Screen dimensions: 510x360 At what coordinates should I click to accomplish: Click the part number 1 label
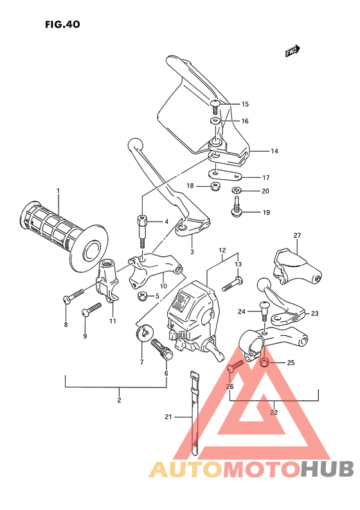click(57, 191)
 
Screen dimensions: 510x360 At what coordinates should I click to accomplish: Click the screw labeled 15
click(215, 104)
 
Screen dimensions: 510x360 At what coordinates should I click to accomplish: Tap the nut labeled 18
click(215, 187)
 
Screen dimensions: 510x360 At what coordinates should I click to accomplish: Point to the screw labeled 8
click(73, 295)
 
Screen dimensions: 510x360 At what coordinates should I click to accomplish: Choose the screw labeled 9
click(92, 310)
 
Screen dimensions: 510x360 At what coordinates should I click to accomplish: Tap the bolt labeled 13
click(233, 281)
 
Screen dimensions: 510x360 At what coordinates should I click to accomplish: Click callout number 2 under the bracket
click(118, 400)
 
